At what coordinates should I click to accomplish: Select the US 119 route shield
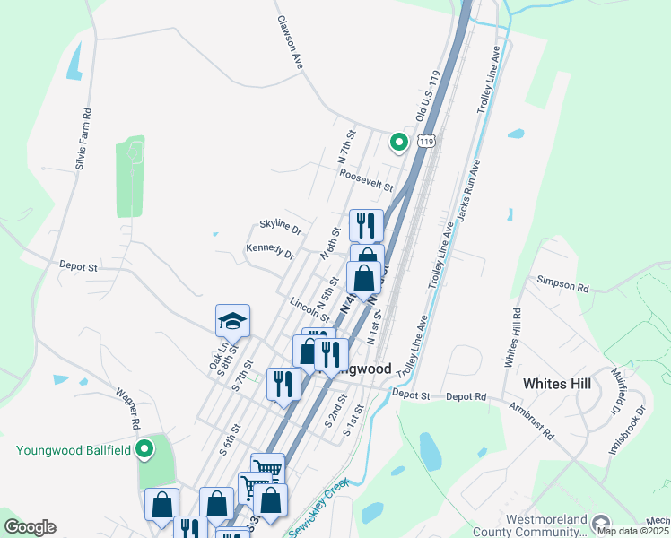click(427, 142)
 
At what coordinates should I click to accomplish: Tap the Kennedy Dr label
click(269, 251)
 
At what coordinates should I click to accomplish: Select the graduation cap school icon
click(232, 321)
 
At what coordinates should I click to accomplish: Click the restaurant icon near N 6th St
click(366, 224)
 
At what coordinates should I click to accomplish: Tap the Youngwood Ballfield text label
click(74, 450)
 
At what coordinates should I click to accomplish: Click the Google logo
click(30, 526)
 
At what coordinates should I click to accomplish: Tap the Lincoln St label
click(309, 308)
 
